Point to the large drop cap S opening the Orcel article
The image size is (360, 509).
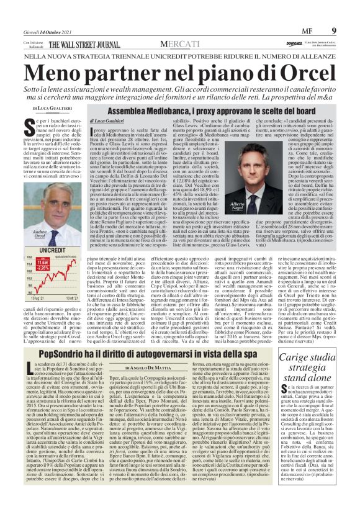pyautogui.click(x=30, y=125)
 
